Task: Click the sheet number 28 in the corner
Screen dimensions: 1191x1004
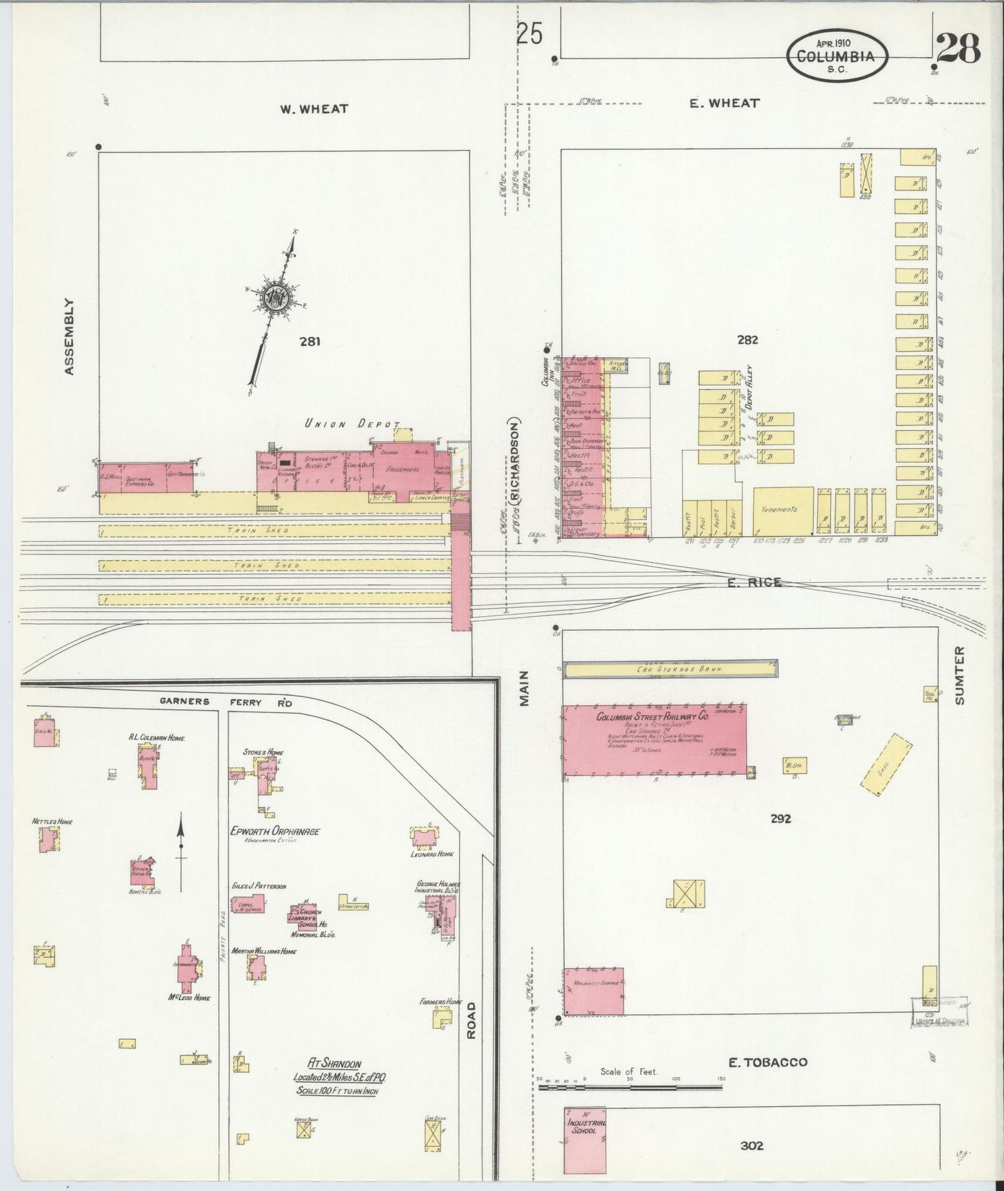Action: (x=957, y=49)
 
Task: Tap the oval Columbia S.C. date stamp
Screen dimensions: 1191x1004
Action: (x=837, y=56)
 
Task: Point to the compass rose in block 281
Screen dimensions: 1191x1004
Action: (x=277, y=299)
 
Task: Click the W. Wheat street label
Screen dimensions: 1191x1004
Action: (x=314, y=109)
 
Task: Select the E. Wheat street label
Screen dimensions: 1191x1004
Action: (x=725, y=103)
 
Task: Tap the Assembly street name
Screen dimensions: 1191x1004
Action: (x=69, y=337)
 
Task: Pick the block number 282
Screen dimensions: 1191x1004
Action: (x=748, y=340)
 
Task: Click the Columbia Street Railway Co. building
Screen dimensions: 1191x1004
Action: (x=654, y=739)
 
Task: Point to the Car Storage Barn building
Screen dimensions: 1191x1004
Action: (x=670, y=668)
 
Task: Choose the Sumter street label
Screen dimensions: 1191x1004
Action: (x=960, y=675)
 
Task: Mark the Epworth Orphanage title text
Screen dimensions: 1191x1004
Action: (x=274, y=830)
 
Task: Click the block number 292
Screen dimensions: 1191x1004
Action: (x=780, y=819)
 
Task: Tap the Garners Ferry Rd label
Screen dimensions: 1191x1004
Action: (x=226, y=702)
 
